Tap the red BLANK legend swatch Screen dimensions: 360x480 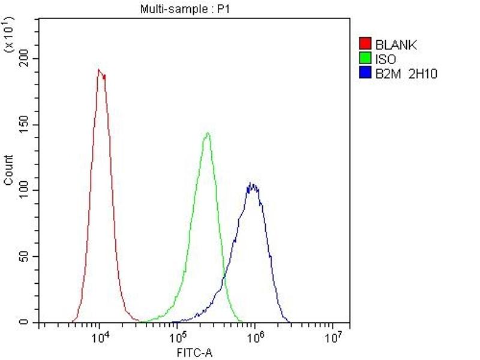[x=364, y=44]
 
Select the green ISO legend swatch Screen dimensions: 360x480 [x=364, y=58]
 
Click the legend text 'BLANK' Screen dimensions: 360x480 [x=395, y=44]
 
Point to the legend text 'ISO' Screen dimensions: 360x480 [x=385, y=59]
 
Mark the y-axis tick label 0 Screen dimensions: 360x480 [x=28, y=323]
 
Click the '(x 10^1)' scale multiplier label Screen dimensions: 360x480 [x=10, y=36]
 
